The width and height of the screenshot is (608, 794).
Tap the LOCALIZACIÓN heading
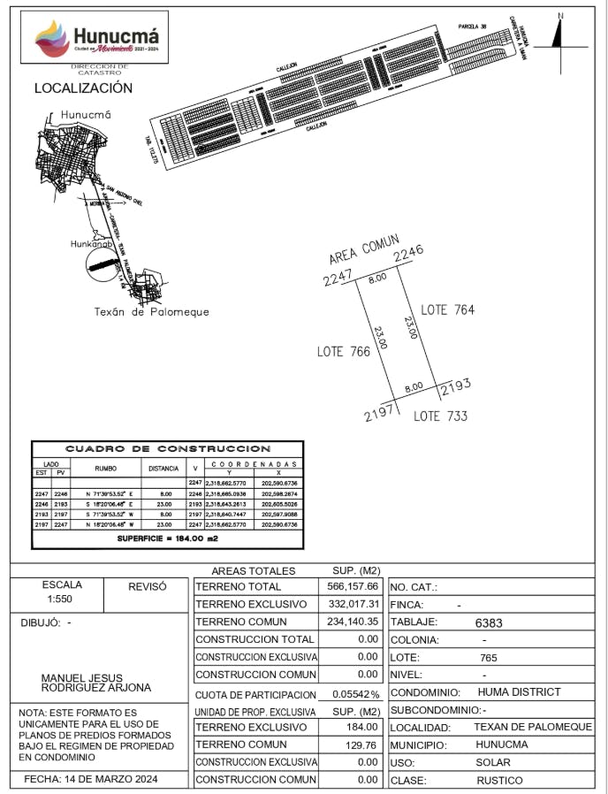click(83, 88)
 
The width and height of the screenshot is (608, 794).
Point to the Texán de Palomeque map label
click(151, 312)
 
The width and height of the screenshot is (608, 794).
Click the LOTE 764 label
click(447, 309)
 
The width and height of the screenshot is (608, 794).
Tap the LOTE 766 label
click(343, 352)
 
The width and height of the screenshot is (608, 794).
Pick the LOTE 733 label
click(440, 416)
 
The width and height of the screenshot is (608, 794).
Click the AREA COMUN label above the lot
click(364, 249)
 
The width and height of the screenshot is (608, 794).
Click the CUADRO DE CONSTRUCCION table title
click(168, 449)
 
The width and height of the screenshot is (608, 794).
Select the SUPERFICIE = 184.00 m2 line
click(167, 538)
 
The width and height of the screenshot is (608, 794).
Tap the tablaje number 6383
click(489, 622)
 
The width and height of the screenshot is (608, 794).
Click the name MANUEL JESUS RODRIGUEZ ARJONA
click(95, 683)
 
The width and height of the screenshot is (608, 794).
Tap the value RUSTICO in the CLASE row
click(499, 781)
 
